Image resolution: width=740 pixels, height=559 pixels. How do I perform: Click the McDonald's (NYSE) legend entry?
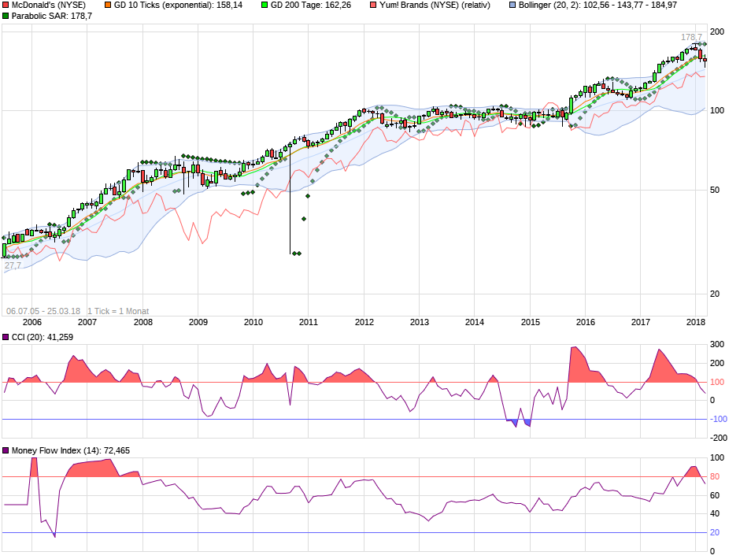pyautogui.click(x=49, y=5)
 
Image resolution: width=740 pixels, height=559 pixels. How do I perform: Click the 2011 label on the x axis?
pyautogui.click(x=308, y=322)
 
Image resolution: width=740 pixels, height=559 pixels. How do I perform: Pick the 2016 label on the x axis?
pyautogui.click(x=586, y=322)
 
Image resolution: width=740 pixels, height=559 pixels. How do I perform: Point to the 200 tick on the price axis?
pyautogui.click(x=717, y=31)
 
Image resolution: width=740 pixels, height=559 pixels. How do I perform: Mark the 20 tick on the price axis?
pyautogui.click(x=715, y=294)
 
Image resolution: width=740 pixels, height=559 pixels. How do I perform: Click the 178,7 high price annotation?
pyautogui.click(x=691, y=37)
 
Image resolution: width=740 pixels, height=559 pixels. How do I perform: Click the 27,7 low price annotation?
pyautogui.click(x=13, y=266)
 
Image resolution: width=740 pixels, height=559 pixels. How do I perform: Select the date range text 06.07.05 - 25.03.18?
pyautogui.click(x=43, y=310)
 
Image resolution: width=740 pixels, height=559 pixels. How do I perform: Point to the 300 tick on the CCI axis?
pyautogui.click(x=717, y=345)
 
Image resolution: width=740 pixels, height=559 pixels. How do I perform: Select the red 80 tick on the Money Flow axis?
pyautogui.click(x=715, y=476)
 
